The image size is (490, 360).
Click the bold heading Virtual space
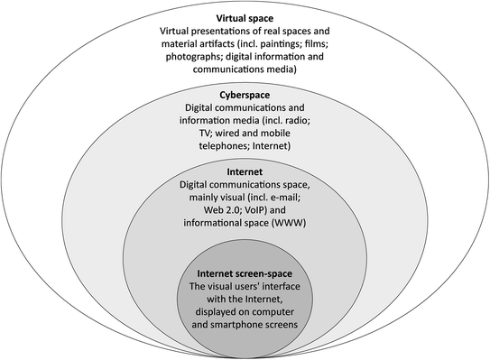click(x=244, y=17)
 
